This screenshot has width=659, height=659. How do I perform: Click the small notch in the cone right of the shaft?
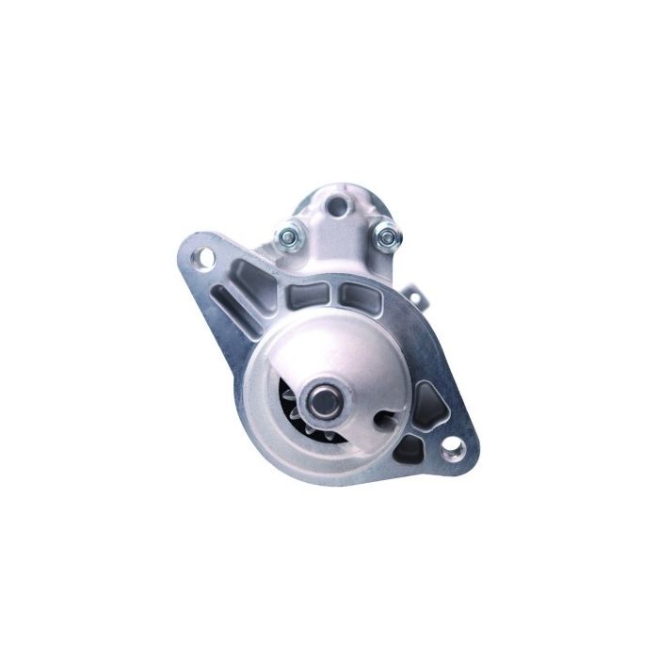point(378,415)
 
